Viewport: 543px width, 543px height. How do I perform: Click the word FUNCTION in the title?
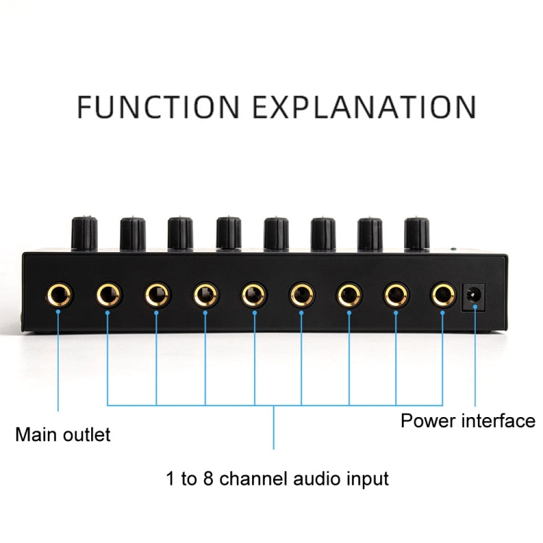tap(157, 106)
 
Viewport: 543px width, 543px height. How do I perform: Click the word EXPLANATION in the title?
tap(363, 106)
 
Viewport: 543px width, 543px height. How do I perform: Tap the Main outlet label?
tap(63, 435)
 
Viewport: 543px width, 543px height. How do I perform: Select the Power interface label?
tap(468, 421)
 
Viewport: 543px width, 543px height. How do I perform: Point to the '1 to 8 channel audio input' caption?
tap(277, 479)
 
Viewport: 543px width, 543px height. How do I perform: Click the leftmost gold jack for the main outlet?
tap(59, 295)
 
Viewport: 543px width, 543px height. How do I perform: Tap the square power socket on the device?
tap(473, 295)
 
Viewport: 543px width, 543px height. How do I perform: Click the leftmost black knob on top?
tap(84, 232)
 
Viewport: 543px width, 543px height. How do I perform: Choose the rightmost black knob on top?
tap(416, 232)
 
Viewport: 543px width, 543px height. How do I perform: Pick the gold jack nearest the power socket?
tap(442, 295)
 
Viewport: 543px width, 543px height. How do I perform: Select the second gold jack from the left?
tap(108, 295)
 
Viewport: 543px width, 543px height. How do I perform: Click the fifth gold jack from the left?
tap(253, 295)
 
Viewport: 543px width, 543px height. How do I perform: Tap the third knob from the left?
tap(180, 232)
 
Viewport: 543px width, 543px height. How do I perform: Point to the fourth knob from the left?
tap(228, 232)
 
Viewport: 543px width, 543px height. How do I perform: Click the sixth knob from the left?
tap(323, 232)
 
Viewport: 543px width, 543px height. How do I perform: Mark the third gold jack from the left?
tap(156, 295)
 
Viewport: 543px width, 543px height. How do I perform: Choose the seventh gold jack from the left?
tap(348, 295)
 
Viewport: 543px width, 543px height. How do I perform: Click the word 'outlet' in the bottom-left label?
tap(88, 435)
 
